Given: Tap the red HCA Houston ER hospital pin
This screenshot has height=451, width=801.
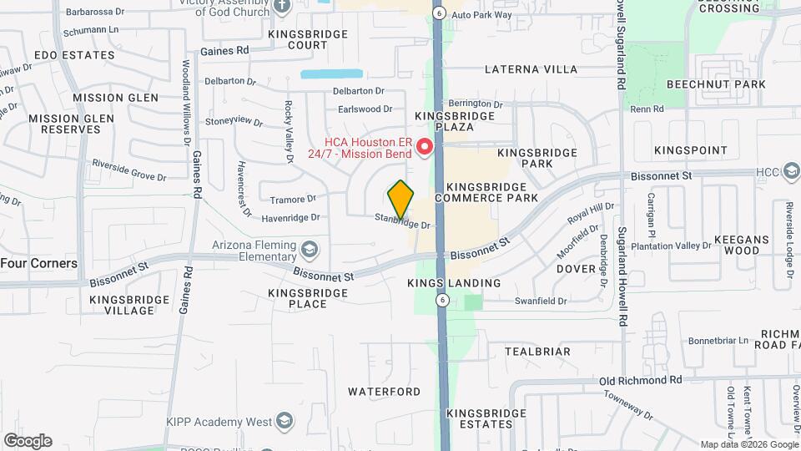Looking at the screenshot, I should pos(424,148).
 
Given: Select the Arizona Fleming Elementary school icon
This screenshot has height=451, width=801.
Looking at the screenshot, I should pos(310,249).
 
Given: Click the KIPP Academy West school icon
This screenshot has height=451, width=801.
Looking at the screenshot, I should pos(285,420).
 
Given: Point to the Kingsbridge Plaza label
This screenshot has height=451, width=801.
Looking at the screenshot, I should pos(444,120).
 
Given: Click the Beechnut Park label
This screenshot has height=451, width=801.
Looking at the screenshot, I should pos(717,84).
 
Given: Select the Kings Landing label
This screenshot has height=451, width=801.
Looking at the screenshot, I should pos(454,283).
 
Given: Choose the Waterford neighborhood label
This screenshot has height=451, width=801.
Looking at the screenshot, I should pos(385,391).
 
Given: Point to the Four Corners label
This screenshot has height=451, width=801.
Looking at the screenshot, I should pos(39,263).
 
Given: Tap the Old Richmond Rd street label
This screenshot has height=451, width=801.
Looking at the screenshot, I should pos(641,380).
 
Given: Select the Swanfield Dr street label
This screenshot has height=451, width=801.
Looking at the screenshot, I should pos(541,301).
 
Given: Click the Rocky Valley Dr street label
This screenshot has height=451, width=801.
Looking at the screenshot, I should pos(289,130).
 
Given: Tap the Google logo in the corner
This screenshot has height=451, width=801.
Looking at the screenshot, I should pos(28,441).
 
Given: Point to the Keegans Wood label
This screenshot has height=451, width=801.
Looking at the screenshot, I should pos(742,245).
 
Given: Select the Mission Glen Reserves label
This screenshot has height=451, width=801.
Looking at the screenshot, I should pos(66,124).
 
